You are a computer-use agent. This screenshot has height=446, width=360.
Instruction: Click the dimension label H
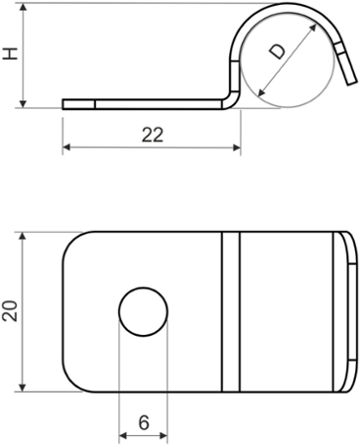click(11, 54)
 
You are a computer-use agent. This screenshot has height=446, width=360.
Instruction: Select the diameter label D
click(277, 52)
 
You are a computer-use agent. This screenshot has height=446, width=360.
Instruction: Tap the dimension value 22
click(153, 135)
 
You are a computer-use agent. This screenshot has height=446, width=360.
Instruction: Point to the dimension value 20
click(10, 311)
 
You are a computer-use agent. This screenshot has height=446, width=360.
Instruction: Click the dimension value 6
click(144, 422)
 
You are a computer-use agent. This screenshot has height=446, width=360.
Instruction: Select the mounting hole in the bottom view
click(144, 312)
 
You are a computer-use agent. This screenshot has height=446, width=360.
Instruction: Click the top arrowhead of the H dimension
click(23, 8)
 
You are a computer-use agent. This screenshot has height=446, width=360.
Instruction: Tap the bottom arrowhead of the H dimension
click(23, 103)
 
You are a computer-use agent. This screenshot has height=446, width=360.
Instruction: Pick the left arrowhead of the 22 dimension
click(66, 148)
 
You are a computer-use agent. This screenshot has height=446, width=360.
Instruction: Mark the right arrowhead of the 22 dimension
click(237, 148)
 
